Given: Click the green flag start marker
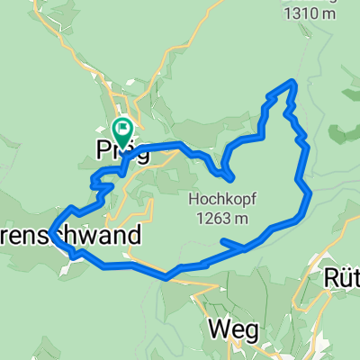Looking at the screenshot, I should coord(122,129).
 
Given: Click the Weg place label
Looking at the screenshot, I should coord(229,329).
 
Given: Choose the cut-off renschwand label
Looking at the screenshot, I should coord(71,236).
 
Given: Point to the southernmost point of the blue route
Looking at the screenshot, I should coord(166,278).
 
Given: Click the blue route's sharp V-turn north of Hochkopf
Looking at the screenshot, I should coord(229,175).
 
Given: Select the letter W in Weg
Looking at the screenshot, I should coord(218,328).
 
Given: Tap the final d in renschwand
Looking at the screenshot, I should coord(136,236).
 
